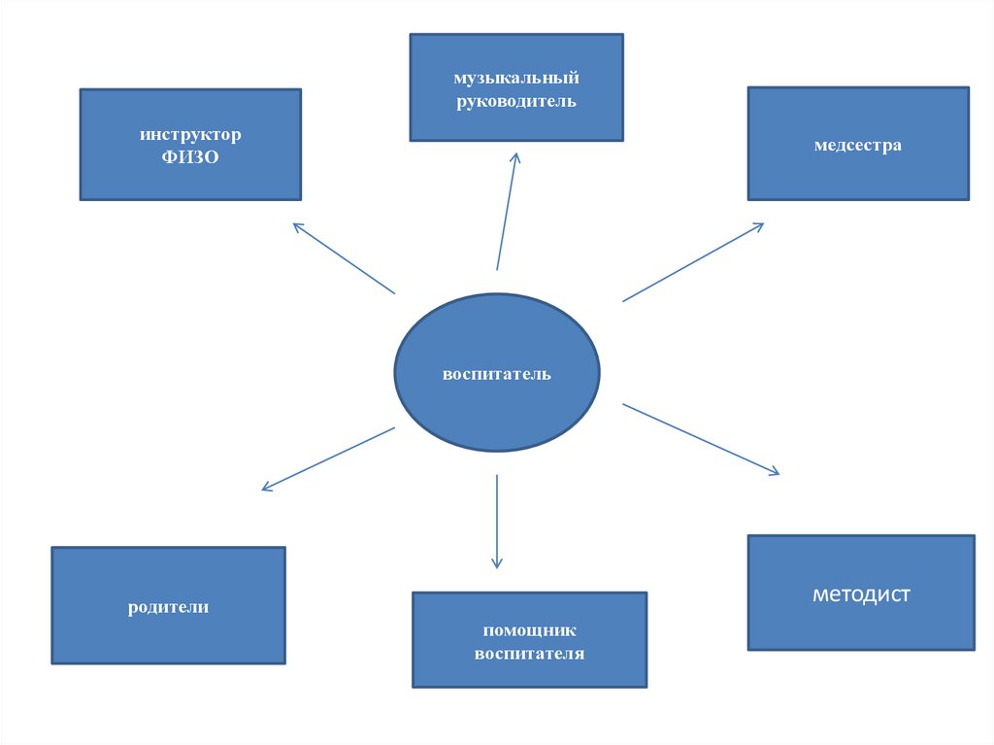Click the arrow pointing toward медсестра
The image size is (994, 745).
click(692, 262)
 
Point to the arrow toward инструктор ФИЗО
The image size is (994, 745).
click(344, 258)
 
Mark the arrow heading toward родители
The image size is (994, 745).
click(328, 458)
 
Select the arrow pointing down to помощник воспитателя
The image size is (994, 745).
click(497, 521)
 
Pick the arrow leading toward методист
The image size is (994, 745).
click(700, 439)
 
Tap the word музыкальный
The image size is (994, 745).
click(516, 78)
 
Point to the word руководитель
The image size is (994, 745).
click(516, 101)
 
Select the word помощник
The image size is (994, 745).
click(529, 631)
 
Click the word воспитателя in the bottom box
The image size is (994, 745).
click(529, 654)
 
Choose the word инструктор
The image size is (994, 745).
click(190, 133)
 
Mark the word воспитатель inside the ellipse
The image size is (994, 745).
click(496, 374)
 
